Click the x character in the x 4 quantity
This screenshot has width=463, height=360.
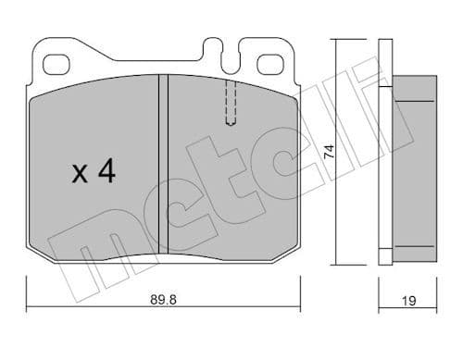click(80, 174)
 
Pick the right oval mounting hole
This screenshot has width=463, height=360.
click(270, 65)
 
